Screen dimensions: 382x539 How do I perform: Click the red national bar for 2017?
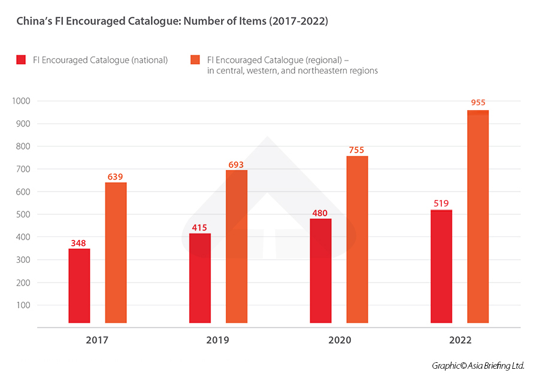[x=79, y=286]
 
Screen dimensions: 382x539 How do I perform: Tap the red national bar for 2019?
[x=200, y=278]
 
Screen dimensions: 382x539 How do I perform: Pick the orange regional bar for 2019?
[x=237, y=247]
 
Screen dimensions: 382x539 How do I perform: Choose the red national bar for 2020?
[x=320, y=271]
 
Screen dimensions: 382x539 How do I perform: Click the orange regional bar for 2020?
[x=357, y=239]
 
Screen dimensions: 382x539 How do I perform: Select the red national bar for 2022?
[x=441, y=266]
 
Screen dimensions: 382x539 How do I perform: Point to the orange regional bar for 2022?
[x=478, y=217]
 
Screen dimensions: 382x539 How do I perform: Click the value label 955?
[x=478, y=103]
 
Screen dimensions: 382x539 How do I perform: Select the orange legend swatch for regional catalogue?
[x=195, y=60]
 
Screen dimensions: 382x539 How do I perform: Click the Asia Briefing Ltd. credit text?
[x=478, y=365]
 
